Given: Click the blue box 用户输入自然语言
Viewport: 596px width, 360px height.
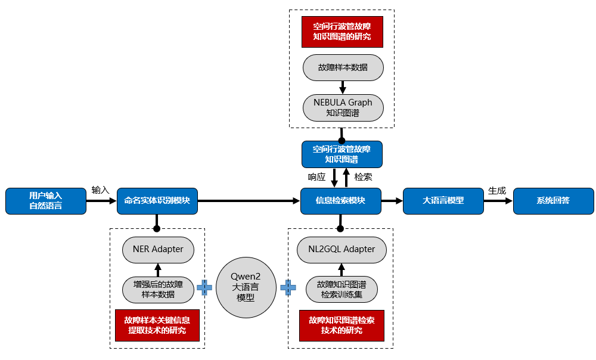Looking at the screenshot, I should (45, 201).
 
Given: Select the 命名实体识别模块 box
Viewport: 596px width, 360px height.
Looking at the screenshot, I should (157, 201).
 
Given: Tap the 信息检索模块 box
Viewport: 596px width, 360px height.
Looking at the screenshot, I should (340, 201).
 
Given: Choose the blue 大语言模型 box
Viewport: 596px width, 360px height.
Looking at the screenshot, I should (443, 201).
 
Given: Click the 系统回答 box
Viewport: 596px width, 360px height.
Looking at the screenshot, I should (553, 201).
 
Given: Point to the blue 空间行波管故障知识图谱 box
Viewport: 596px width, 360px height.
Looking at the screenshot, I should (342, 154).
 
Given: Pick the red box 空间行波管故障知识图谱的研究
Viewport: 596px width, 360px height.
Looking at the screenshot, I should (342, 32).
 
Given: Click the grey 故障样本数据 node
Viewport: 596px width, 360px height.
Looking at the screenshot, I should (342, 67).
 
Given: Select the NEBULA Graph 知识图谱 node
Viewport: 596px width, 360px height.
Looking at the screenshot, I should (342, 107).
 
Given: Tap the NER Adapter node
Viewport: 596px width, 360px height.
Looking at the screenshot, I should (158, 249).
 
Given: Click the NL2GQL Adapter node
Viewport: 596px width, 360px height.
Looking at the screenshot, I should (342, 249).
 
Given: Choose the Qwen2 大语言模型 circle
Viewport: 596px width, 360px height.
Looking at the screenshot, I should (246, 287).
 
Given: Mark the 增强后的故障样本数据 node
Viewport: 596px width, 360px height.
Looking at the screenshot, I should (158, 289).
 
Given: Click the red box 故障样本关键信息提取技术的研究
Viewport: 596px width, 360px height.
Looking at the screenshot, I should (157, 325).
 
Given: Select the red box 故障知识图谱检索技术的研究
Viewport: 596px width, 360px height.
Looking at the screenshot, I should (342, 325).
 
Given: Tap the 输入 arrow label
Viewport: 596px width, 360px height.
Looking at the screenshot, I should (100, 190).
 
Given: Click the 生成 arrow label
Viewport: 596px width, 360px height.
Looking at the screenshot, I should (497, 190).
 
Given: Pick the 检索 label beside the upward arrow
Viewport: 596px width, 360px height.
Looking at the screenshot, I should (364, 177).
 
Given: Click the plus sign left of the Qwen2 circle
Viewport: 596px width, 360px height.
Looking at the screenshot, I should (204, 288).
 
